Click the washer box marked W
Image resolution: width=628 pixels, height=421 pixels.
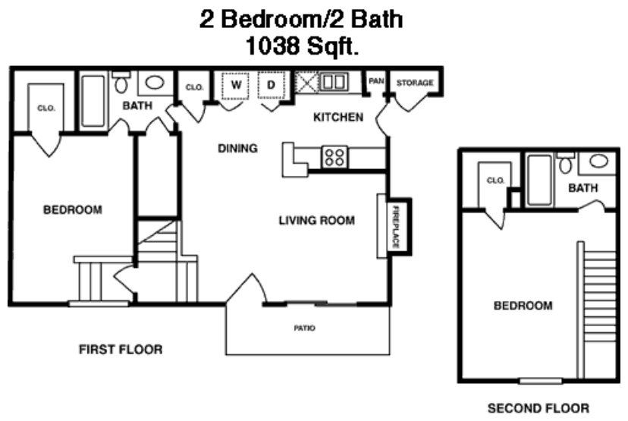236,86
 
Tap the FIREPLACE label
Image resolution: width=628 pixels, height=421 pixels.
396,227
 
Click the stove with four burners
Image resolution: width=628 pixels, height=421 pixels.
334,157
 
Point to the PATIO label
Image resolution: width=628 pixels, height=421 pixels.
305,328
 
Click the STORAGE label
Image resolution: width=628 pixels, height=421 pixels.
415,83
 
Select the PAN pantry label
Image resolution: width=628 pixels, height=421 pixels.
375,80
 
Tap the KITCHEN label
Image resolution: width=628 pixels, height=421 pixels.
338,118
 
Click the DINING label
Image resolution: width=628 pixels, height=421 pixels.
237,149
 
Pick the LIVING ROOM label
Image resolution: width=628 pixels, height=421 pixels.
316,221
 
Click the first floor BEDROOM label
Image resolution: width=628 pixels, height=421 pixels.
72,210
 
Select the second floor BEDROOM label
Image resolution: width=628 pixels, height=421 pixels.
523,306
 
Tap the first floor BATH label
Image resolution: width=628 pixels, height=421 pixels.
137,105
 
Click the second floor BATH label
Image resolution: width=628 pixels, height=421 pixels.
582,188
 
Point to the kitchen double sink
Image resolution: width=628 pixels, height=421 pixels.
332,81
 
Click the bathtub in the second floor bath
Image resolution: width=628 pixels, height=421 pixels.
539,180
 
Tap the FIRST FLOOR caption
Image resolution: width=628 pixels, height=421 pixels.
121,350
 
